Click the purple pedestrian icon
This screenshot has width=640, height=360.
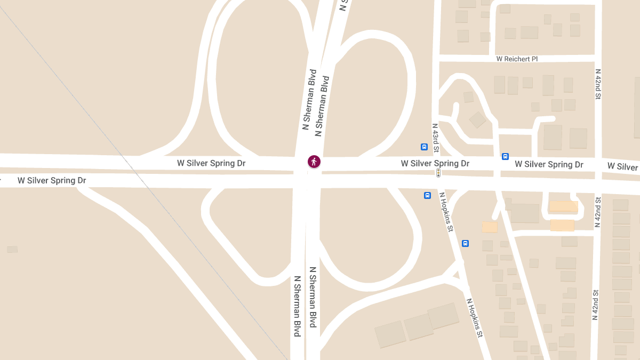point(314,162)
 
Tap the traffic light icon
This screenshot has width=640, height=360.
point(438,173)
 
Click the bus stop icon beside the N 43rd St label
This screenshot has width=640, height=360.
point(424,147)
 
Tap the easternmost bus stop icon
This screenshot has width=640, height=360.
point(505,156)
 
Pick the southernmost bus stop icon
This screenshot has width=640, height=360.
point(465,243)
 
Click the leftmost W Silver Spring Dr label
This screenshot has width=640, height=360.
point(52,180)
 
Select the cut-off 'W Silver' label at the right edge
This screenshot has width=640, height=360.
point(623,167)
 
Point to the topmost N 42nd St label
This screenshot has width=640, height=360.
point(598,84)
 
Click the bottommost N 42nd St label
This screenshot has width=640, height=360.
point(595,305)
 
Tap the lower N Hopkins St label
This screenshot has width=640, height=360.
point(474,318)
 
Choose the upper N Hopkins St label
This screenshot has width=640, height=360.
point(446,212)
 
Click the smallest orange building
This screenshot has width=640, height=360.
point(490,227)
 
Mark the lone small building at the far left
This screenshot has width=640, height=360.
point(12,249)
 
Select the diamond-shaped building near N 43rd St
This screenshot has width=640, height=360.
point(477,120)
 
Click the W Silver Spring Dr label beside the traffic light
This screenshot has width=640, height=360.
point(435,163)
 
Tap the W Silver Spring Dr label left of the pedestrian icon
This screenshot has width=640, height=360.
point(211,163)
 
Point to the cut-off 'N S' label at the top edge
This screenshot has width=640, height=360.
point(344,5)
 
